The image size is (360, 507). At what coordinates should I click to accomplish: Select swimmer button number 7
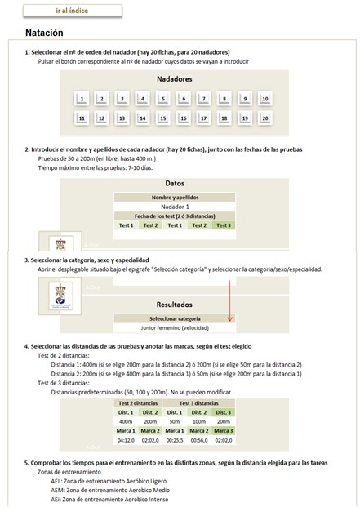click(x=203, y=99)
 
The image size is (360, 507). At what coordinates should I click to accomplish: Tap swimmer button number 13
click(x=122, y=118)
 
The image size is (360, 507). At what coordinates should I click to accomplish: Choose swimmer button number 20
click(x=264, y=118)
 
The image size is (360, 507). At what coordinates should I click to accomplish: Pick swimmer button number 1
click(x=81, y=99)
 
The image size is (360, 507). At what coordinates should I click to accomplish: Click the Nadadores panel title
click(x=174, y=79)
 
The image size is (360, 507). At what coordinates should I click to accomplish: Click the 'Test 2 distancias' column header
click(x=138, y=403)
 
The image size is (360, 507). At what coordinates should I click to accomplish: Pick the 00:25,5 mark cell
click(x=174, y=440)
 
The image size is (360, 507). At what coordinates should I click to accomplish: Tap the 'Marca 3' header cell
click(x=222, y=431)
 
